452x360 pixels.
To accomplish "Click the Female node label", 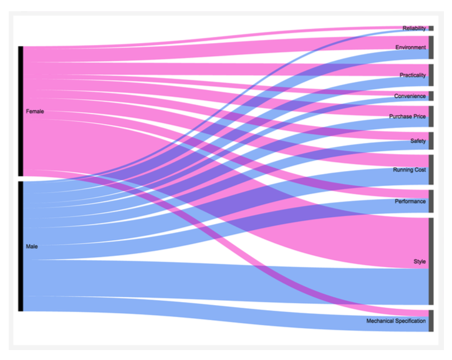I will coord(35,111).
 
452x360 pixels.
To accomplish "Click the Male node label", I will coord(32,246).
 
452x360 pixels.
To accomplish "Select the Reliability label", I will coord(414,28).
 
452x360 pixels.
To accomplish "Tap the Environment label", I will coord(411,47).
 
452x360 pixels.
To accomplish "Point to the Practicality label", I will coord(413,75).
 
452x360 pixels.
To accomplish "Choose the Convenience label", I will coord(410,96).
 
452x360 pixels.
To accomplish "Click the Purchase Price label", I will coord(407,117).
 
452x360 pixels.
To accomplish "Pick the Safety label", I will coord(418,141).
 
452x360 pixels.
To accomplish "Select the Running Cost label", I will coord(409,170).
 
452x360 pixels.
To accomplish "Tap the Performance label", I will coord(410,202).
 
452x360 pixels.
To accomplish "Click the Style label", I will coord(420,261).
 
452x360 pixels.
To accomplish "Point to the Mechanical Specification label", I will coord(396,321).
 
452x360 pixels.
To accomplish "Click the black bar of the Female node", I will coord(21,111).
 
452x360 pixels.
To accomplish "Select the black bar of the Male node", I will coord(21,246).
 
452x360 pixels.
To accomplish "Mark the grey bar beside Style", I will coord(431,261).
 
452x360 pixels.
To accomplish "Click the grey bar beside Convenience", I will coord(431,96).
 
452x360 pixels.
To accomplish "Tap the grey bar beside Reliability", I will coord(431,28).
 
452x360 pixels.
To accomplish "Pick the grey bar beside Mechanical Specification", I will coord(431,321).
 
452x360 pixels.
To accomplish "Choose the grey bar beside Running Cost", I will coord(431,170).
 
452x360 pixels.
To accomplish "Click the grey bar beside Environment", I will coord(431,47).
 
